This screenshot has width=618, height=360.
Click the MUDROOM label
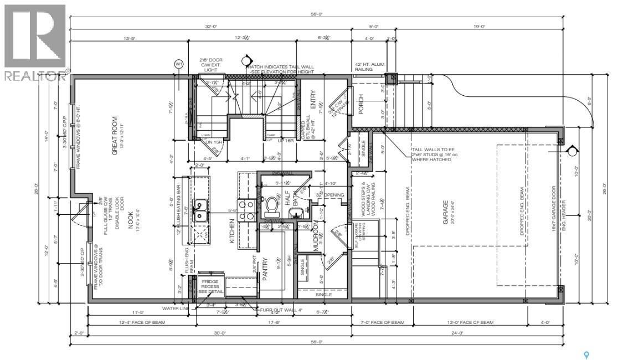point(316,236)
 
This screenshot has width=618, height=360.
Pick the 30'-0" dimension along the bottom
point(220,333)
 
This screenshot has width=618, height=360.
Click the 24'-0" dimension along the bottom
point(457,333)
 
